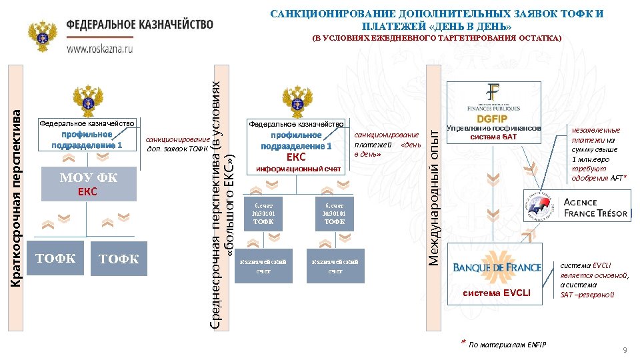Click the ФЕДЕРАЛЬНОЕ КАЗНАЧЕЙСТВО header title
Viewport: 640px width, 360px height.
tap(140, 24)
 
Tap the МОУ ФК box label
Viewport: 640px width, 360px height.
tap(89, 177)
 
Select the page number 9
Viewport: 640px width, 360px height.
tap(625, 350)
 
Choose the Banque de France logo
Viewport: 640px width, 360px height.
tap(497, 267)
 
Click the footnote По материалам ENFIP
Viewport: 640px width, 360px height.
tap(507, 345)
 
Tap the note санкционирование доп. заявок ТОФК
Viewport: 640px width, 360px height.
tap(178, 143)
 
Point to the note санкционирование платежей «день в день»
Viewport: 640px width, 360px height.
tap(387, 145)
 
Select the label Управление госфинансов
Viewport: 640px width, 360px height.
tap(493, 128)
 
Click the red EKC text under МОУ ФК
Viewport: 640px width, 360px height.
tap(88, 192)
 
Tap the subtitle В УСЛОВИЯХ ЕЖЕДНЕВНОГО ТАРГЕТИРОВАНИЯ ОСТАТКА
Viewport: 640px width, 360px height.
tap(437, 39)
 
